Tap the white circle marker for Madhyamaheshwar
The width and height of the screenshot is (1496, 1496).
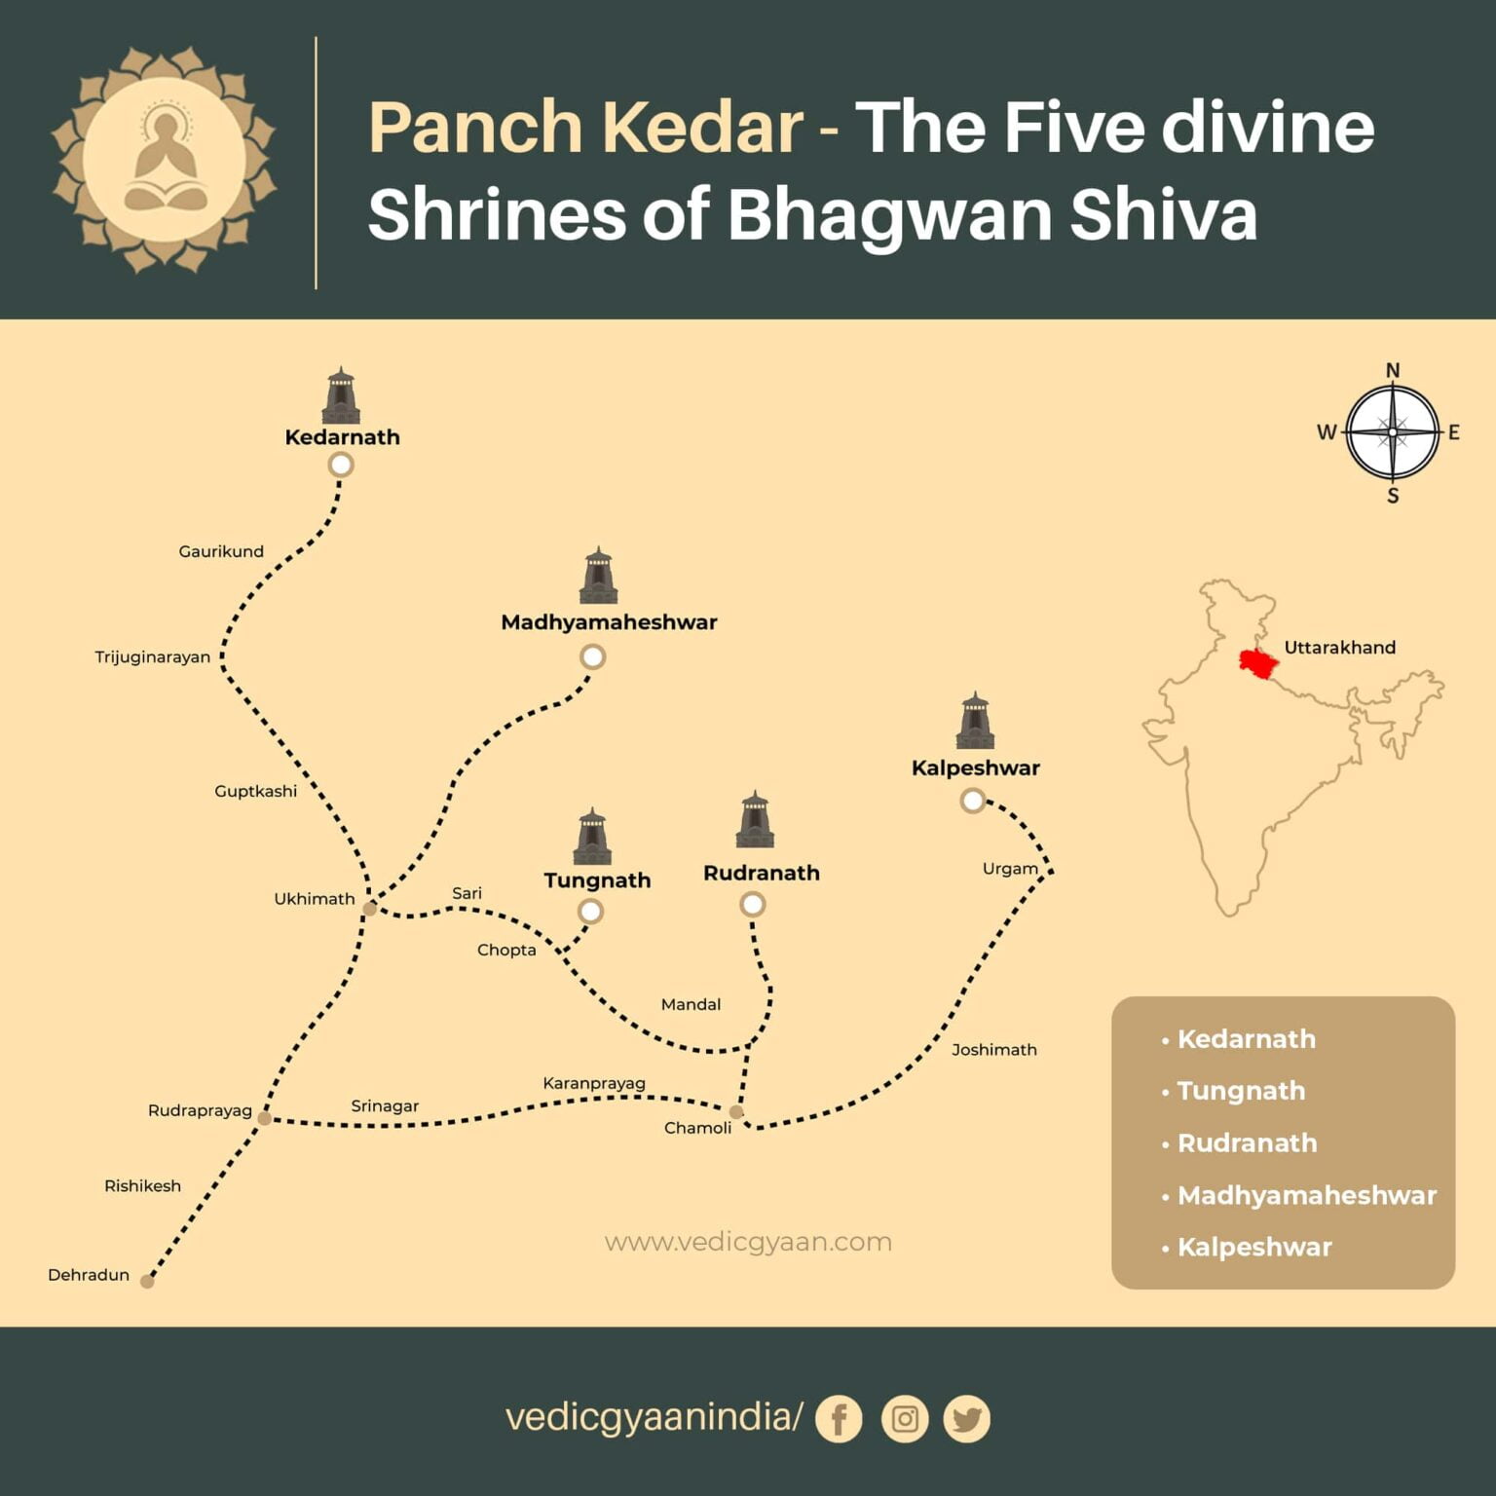coord(592,656)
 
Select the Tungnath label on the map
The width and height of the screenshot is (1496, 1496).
coord(597,880)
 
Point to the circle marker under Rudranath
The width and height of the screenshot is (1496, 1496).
coord(752,905)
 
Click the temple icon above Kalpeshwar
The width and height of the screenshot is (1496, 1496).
coord(975,721)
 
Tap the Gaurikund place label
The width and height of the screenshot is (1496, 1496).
coord(221,551)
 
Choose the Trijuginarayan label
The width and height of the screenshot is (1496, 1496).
coord(152,656)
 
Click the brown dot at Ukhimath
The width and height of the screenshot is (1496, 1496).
coord(370,909)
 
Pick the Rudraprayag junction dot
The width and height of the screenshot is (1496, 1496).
coord(264,1118)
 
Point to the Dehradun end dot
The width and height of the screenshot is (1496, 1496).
coord(147,1282)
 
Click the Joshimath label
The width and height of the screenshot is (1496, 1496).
coord(993,1049)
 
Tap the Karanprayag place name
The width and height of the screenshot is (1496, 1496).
coord(594,1083)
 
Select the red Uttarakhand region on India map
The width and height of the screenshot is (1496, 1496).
coord(1258,663)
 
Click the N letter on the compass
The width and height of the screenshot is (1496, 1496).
coord(1393,370)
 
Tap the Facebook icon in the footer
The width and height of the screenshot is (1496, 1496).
coord(839,1419)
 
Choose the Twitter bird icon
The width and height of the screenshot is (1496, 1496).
coord(966,1419)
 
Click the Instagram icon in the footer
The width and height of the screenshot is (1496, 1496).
coord(904,1419)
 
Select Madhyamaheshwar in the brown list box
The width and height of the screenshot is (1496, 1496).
coord(1306,1195)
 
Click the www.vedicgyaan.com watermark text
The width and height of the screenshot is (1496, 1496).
coord(748,1242)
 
